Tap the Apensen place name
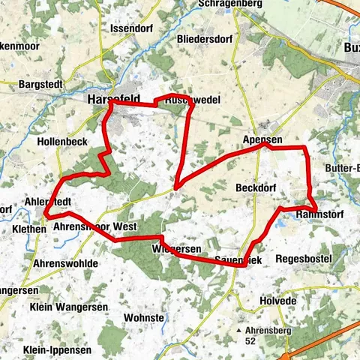pos(262,140)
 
